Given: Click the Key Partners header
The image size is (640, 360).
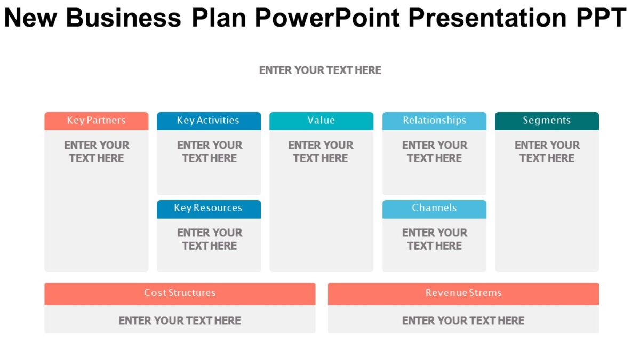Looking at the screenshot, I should coord(97,121).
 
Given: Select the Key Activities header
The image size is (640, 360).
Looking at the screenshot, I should coord(209,121).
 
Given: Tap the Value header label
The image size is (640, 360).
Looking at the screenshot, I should coord(321,121).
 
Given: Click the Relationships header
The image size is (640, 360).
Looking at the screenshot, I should coord(434,121).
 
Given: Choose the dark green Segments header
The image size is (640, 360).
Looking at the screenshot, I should coord(547,121).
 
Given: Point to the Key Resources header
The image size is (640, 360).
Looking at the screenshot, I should coord(209,209).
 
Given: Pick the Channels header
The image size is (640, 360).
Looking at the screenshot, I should coord(434,209).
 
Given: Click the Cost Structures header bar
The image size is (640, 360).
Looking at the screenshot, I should coord(180,293).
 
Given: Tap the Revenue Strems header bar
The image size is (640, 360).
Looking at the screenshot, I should coord(463,293).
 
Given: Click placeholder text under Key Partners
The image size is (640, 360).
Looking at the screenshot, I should coord(97,151).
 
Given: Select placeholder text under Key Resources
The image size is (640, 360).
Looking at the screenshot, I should coord(209,239).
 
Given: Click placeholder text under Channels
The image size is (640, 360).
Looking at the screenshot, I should coord(434,239).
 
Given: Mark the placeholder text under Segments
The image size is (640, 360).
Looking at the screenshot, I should coord(547,151).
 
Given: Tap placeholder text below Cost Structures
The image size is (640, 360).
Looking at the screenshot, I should coord(180,321).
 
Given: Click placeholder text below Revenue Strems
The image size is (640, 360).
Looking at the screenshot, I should coord(463,321).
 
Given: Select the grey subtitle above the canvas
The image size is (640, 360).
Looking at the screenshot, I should coord(320,70).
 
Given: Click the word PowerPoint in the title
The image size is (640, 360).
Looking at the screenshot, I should coord(327,18).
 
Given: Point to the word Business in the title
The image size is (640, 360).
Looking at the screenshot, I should coord(124,18).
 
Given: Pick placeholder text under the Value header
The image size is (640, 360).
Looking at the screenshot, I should coord(321,151).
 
